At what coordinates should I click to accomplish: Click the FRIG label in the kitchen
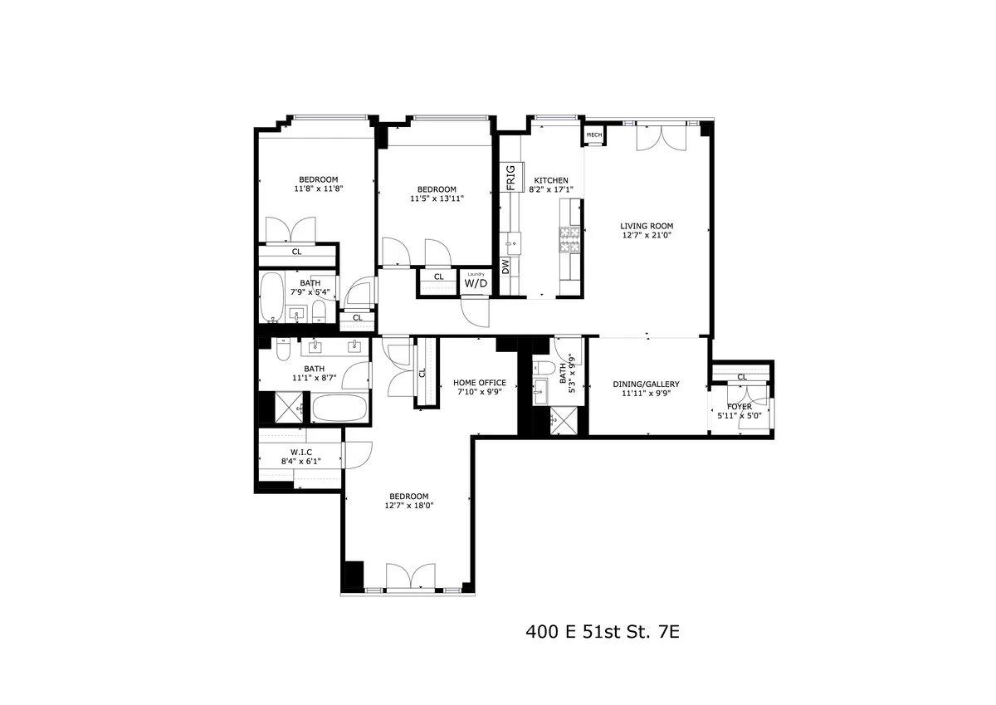pos(510,178)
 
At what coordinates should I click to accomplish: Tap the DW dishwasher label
pos(505,266)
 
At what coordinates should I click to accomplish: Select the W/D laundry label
pos(476,283)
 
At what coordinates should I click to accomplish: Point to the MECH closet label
pos(594,135)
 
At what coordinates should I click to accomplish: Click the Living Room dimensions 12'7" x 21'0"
pos(647,235)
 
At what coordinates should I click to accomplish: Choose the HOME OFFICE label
pos(479,383)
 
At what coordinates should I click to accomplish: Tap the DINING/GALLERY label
pos(646,384)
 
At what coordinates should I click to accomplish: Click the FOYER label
pos(740,407)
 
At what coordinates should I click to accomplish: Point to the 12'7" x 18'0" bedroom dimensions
pos(409,505)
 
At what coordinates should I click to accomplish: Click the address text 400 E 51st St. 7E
pos(603,632)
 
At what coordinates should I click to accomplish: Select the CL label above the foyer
pos(742,377)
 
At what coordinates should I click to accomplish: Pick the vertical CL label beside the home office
pos(422,373)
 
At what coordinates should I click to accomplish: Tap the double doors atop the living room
pos(662,136)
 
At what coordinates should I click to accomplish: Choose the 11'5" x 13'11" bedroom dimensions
pos(437,198)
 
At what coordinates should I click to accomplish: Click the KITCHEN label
pos(551,181)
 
